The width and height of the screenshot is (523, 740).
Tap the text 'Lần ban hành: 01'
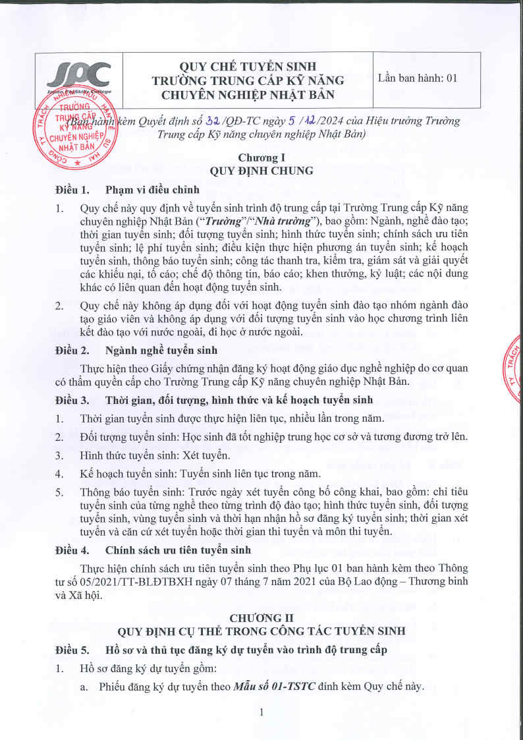(417, 78)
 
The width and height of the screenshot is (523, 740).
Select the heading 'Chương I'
(261, 157)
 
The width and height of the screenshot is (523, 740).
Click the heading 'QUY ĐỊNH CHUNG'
(261, 170)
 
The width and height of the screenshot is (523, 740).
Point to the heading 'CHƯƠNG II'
(261, 617)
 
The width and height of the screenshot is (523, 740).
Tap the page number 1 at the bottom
(261, 712)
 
